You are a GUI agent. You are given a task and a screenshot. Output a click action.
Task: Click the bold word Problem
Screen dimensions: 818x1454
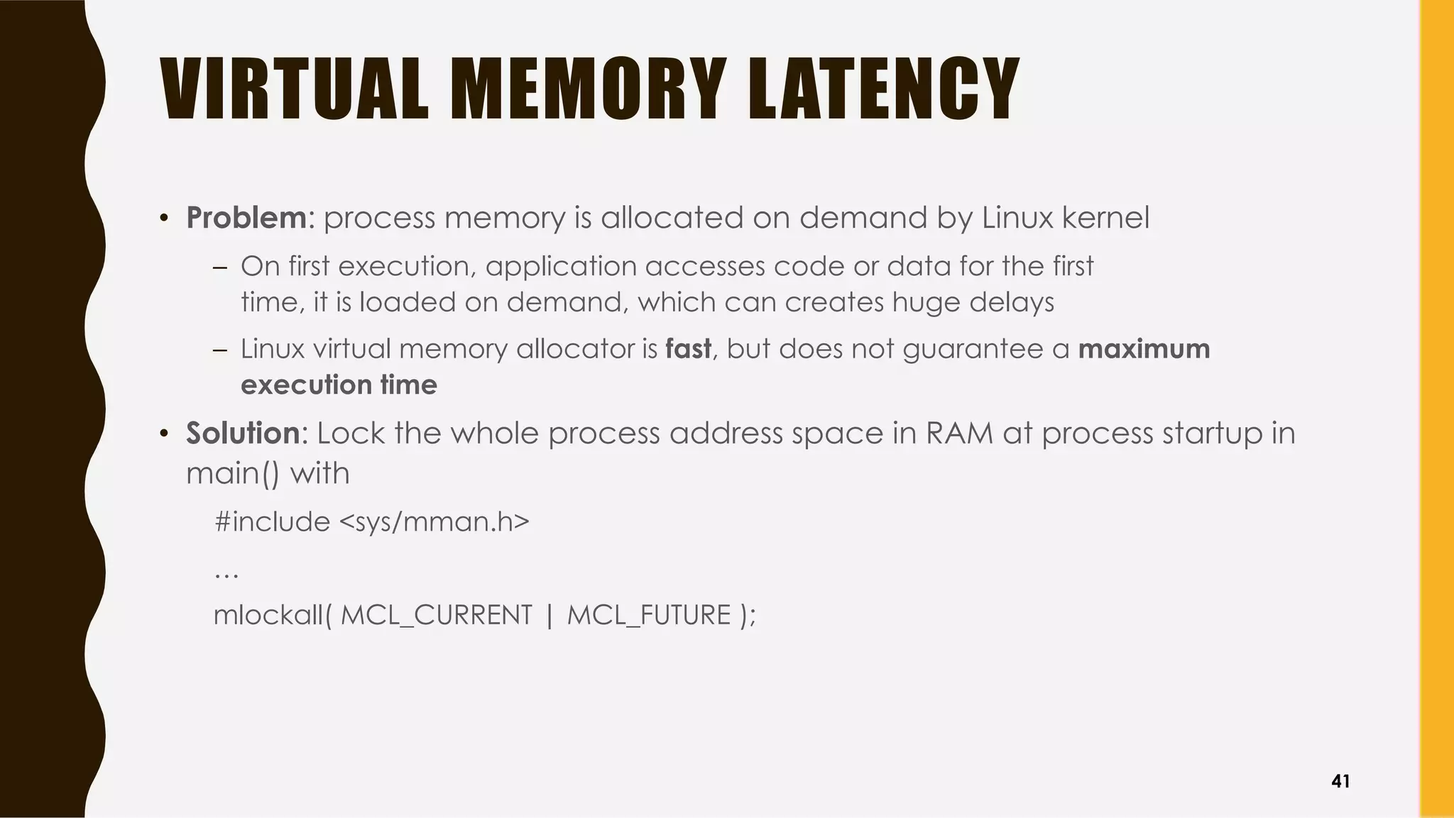[x=246, y=217]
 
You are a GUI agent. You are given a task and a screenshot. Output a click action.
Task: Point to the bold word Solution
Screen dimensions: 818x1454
[x=243, y=433]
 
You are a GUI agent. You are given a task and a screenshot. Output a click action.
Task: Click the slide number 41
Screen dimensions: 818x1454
[x=1340, y=781]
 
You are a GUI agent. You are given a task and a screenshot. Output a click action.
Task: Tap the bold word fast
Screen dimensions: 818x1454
[x=688, y=349]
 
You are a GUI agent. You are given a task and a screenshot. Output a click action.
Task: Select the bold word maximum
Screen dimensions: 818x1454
[x=1144, y=349]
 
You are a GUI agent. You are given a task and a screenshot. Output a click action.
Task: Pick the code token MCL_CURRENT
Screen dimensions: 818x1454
[x=436, y=614]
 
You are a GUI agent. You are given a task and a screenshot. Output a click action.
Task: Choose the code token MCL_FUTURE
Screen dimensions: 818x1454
[x=649, y=614]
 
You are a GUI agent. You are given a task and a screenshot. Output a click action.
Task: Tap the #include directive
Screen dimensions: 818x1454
[x=272, y=522]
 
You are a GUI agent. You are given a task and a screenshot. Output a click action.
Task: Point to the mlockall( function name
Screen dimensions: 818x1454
[x=273, y=614]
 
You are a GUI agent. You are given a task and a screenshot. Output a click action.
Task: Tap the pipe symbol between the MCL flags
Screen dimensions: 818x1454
[x=549, y=614]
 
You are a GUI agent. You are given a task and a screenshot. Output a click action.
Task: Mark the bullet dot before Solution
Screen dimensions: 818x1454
[x=164, y=433]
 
